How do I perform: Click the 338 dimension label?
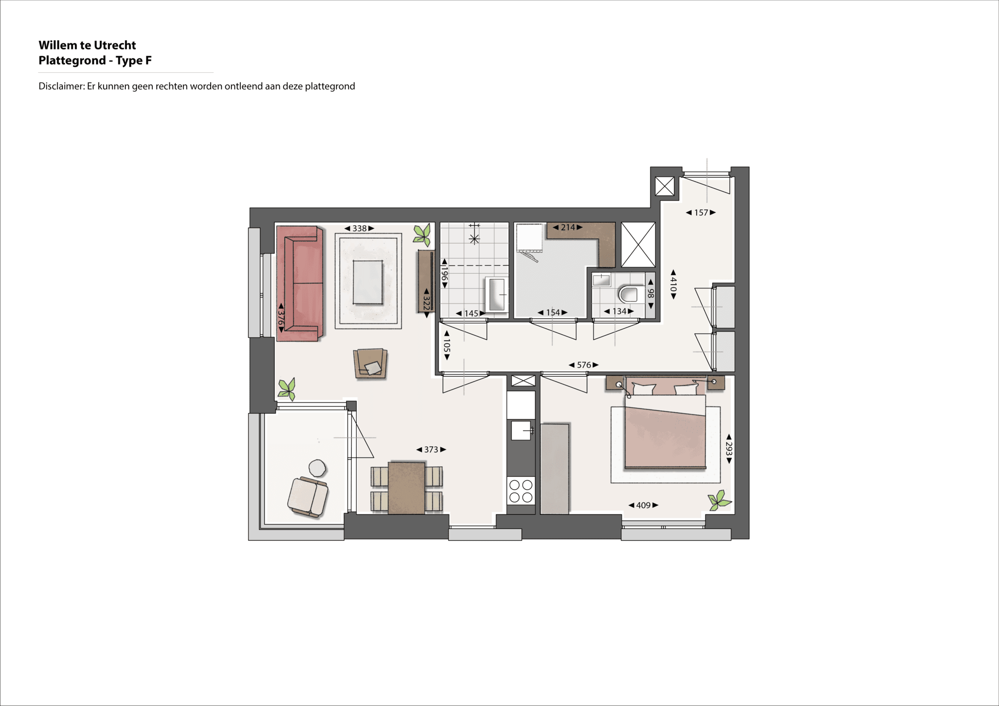(360, 228)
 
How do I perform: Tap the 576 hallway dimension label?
(584, 365)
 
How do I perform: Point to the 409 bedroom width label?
(643, 505)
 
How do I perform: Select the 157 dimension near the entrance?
(701, 213)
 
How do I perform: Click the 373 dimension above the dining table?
(431, 449)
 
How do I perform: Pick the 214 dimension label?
(568, 228)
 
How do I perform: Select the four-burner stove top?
(520, 490)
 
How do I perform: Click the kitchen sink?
(520, 430)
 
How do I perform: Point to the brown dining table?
(407, 488)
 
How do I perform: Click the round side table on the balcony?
(317, 468)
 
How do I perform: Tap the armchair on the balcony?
(308, 496)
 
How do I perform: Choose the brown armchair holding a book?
(370, 363)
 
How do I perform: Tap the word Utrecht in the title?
(115, 45)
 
